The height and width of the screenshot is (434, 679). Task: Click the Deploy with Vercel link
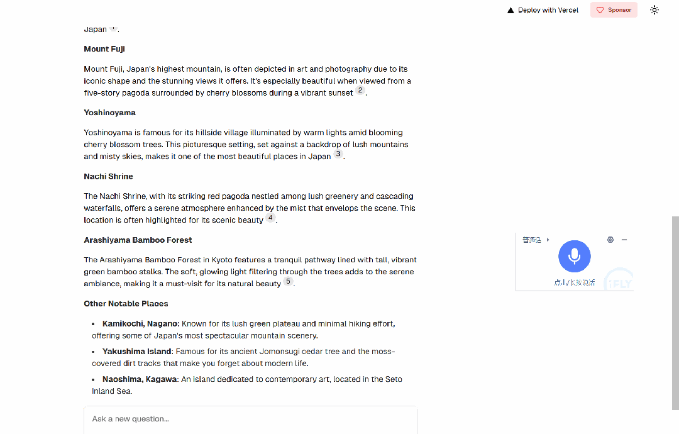pyautogui.click(x=543, y=10)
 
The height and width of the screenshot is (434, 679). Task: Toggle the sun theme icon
pyautogui.click(x=654, y=10)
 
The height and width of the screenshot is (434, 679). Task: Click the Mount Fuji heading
pyautogui.click(x=104, y=49)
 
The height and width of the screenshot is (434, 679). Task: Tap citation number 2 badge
pyautogui.click(x=360, y=90)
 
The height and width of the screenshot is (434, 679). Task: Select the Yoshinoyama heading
pyautogui.click(x=109, y=113)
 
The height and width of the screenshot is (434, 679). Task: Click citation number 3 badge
pyautogui.click(x=338, y=153)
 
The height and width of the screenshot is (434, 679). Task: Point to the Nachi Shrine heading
pyautogui.click(x=108, y=176)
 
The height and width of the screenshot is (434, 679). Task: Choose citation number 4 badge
pyautogui.click(x=270, y=218)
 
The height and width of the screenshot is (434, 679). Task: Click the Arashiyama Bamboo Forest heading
pyautogui.click(x=138, y=240)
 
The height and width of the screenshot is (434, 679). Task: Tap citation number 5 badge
pyautogui.click(x=288, y=281)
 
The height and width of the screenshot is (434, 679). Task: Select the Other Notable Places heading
pyautogui.click(x=126, y=303)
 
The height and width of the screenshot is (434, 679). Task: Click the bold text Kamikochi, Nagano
pyautogui.click(x=141, y=324)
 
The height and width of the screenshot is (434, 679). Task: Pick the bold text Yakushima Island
pyautogui.click(x=136, y=352)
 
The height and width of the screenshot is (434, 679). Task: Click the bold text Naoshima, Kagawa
pyautogui.click(x=140, y=379)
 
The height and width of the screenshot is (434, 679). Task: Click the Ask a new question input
pyautogui.click(x=250, y=419)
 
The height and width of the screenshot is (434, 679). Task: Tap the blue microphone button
pyautogui.click(x=574, y=256)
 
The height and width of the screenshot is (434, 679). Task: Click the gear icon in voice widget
pyautogui.click(x=610, y=240)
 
